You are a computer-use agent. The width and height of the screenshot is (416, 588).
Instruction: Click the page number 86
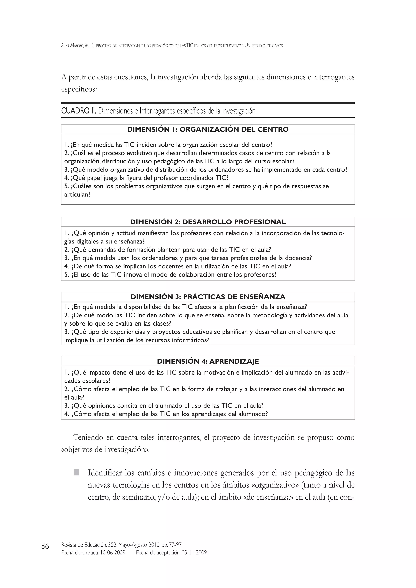[x=45, y=546]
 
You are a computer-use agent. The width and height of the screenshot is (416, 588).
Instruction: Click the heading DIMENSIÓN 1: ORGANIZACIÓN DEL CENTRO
[x=208, y=130]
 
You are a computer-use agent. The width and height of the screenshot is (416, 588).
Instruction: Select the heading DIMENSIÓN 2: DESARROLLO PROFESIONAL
[x=208, y=222]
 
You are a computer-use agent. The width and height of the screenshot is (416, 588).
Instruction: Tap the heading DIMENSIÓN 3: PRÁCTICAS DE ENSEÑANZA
[x=208, y=297]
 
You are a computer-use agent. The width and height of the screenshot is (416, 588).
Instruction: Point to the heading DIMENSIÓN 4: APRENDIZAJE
[x=208, y=361]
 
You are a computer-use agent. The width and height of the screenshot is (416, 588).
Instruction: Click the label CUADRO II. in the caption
[x=79, y=111]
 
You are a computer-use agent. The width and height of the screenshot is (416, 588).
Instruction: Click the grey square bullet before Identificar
[x=76, y=472]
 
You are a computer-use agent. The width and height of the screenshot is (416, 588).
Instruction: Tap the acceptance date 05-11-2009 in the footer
[x=194, y=553]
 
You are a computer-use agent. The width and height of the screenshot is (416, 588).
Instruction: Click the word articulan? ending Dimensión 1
[x=77, y=195]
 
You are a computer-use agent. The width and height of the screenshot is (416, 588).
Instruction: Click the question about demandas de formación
[x=168, y=250]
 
